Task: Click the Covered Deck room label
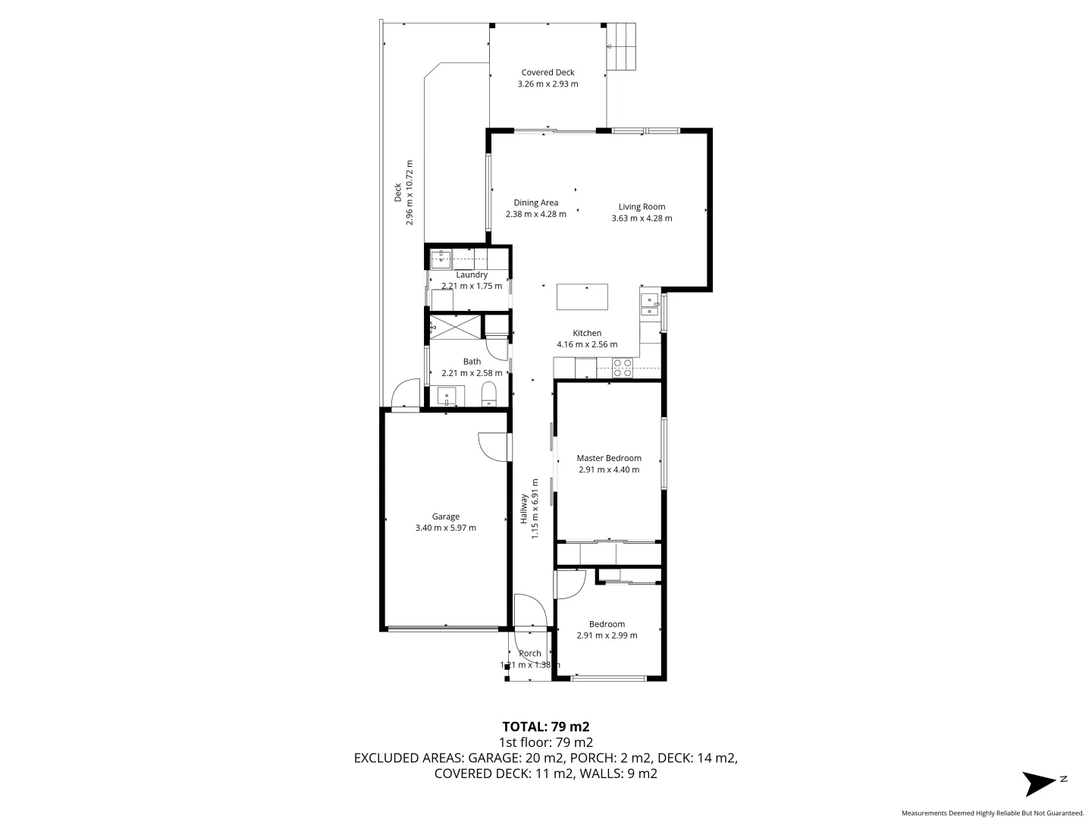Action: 548,73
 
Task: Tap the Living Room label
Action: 642,207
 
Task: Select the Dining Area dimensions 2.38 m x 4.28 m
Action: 535,215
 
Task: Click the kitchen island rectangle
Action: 582,297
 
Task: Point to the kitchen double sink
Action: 649,305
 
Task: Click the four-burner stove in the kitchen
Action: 623,368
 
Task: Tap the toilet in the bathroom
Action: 489,394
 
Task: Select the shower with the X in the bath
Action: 455,328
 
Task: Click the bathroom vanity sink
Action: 447,396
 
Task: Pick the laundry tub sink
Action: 441,259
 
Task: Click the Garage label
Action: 446,517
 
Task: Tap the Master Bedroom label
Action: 609,458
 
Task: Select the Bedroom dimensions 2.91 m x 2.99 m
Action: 607,635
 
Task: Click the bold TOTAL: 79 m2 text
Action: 546,726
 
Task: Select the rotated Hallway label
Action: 523,509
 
